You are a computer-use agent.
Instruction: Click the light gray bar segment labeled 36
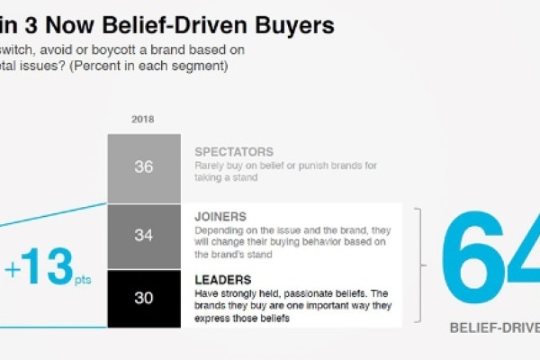coord(142,168)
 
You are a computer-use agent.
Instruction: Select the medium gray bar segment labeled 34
coord(142,236)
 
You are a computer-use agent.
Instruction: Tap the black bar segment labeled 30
coord(142,297)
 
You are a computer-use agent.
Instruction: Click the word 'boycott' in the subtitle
coord(121,50)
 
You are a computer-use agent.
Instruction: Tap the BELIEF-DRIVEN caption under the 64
coord(494,328)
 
